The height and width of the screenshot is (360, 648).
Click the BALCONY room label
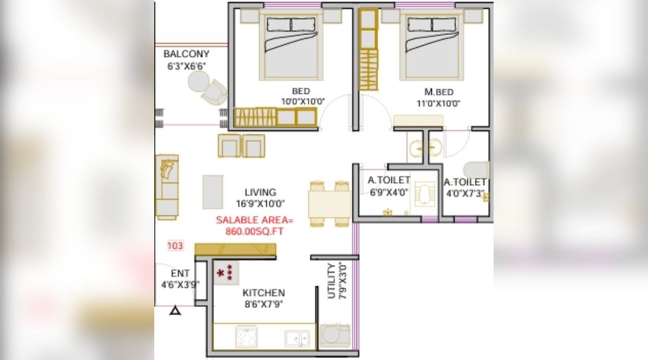[x=186, y=54]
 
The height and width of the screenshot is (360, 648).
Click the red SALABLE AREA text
[x=254, y=220]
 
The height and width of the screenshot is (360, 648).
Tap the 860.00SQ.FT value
[x=254, y=232]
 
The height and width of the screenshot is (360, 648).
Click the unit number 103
[x=176, y=245]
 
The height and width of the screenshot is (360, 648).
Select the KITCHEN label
[x=264, y=293]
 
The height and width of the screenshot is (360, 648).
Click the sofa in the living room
[x=167, y=186]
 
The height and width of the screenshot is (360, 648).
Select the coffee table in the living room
[x=213, y=191]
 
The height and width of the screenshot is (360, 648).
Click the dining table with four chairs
[x=328, y=204]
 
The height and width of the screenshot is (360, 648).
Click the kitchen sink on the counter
[x=296, y=337]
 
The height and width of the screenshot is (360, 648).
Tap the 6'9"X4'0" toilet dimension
[x=389, y=193]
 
